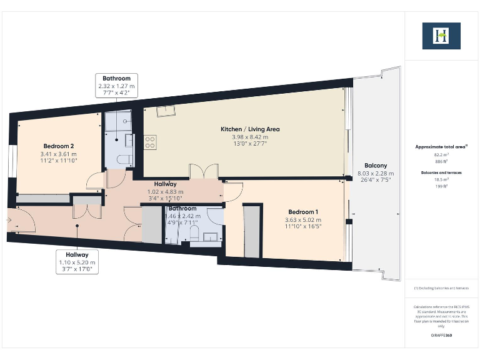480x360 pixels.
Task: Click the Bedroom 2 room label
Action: pos(58,144)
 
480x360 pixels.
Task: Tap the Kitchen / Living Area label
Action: pos(249,129)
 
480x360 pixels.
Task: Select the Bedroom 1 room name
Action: pos(303,211)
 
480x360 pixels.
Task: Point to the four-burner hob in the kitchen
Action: pos(150,142)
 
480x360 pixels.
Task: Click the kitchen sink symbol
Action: pos(166,111)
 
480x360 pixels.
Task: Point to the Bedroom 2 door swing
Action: pos(94,181)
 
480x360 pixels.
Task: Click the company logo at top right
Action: pos(441,36)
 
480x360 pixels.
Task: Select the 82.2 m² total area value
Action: pos(441,154)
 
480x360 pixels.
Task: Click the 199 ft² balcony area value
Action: pos(441,186)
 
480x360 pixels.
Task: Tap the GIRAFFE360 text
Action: pos(441,336)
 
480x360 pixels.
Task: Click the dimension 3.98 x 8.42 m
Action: pos(249,137)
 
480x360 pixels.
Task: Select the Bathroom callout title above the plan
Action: pos(116,79)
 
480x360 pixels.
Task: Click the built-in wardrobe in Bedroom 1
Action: pos(252,231)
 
